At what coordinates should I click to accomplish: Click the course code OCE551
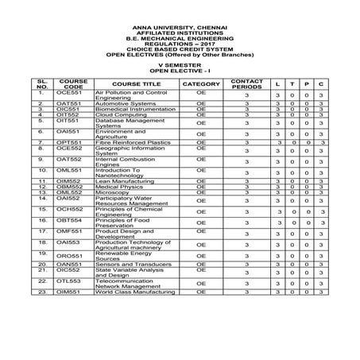(x=69, y=93)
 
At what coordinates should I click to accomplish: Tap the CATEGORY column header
(x=200, y=83)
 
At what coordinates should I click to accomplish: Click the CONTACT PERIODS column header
(x=246, y=83)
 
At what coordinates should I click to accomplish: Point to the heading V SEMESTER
(x=180, y=63)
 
